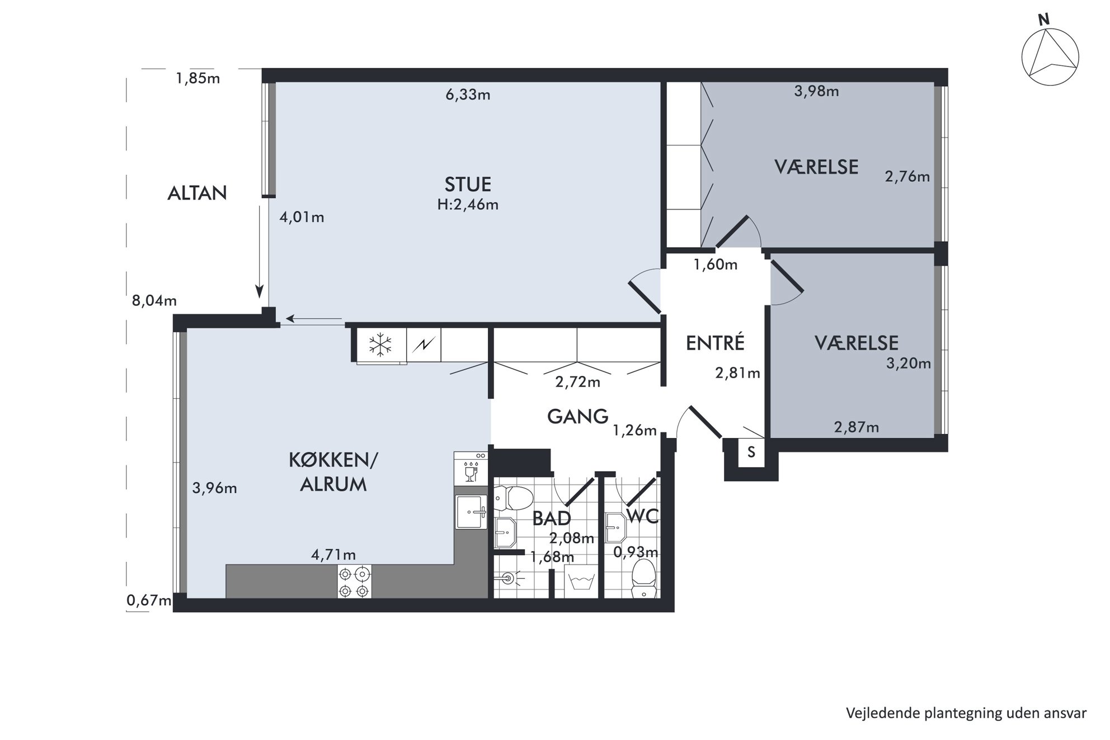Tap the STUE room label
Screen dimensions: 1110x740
coord(468,184)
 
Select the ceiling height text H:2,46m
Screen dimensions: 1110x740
coord(468,205)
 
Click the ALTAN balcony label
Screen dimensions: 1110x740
coord(197,193)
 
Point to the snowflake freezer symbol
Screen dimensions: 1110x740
coord(380,345)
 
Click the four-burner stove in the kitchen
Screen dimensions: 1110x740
coord(354,582)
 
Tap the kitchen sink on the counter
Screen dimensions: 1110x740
coord(471,511)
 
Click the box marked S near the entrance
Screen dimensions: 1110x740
coord(751,452)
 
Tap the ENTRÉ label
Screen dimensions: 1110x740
coord(715,342)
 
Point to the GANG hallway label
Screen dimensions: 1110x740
coord(577,416)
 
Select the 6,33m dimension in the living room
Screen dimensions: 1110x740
coord(468,95)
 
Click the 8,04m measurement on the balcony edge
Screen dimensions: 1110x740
coord(154,300)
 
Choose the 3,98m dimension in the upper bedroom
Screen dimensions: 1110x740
coord(816,91)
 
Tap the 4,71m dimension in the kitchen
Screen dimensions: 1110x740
coord(333,554)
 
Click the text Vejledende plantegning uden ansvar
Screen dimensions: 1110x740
coord(966,713)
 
